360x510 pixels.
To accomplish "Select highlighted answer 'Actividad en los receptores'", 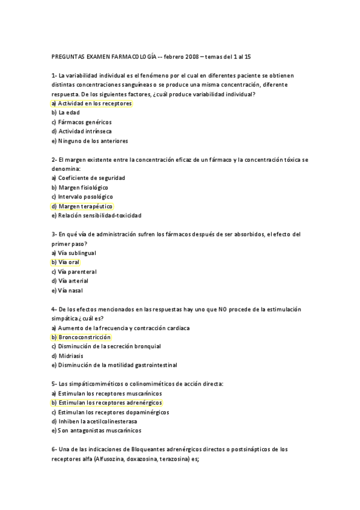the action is click(x=95, y=103).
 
